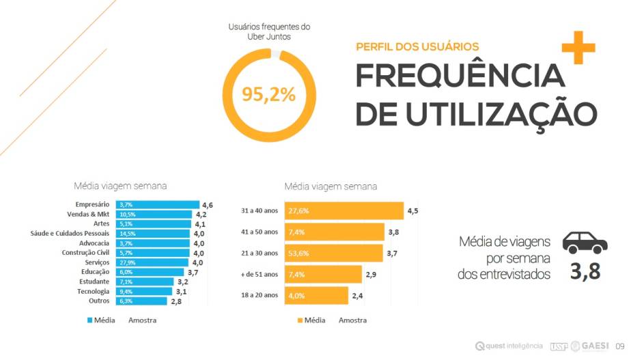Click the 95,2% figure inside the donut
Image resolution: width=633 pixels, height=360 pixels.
click(x=268, y=94)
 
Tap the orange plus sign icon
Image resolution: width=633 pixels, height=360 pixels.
click(x=575, y=47)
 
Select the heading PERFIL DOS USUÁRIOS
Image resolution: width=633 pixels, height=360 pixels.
click(x=417, y=47)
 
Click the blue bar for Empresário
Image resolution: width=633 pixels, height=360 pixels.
click(x=157, y=204)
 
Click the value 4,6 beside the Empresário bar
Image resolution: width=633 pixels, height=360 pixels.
click(x=208, y=204)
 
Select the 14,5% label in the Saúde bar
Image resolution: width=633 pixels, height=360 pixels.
click(x=127, y=234)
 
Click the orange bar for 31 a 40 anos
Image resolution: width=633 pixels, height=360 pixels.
click(x=345, y=210)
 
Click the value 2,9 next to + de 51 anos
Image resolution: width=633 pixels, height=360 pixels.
click(x=371, y=274)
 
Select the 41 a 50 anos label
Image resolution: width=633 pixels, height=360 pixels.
click(x=260, y=232)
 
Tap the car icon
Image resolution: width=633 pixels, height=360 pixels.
click(x=585, y=242)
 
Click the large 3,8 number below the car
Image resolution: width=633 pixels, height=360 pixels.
click(x=585, y=272)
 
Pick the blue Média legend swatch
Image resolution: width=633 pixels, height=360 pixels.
click(x=90, y=320)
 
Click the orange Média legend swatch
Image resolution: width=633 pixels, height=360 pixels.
click(x=299, y=320)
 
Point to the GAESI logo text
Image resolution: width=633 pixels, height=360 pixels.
click(x=596, y=346)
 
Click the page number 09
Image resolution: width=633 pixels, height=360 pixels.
click(x=620, y=346)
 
